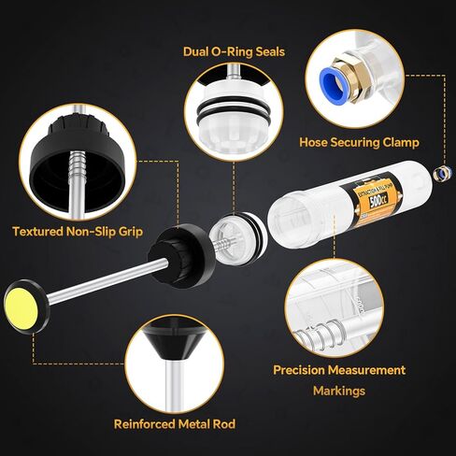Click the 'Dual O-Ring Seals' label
pyautogui.click(x=234, y=51)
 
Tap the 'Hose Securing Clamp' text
pyautogui.click(x=359, y=142)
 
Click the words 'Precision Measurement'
pyautogui.click(x=339, y=370)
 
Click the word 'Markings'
pyautogui.click(x=339, y=391)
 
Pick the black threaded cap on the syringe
pyautogui.click(x=178, y=249)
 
